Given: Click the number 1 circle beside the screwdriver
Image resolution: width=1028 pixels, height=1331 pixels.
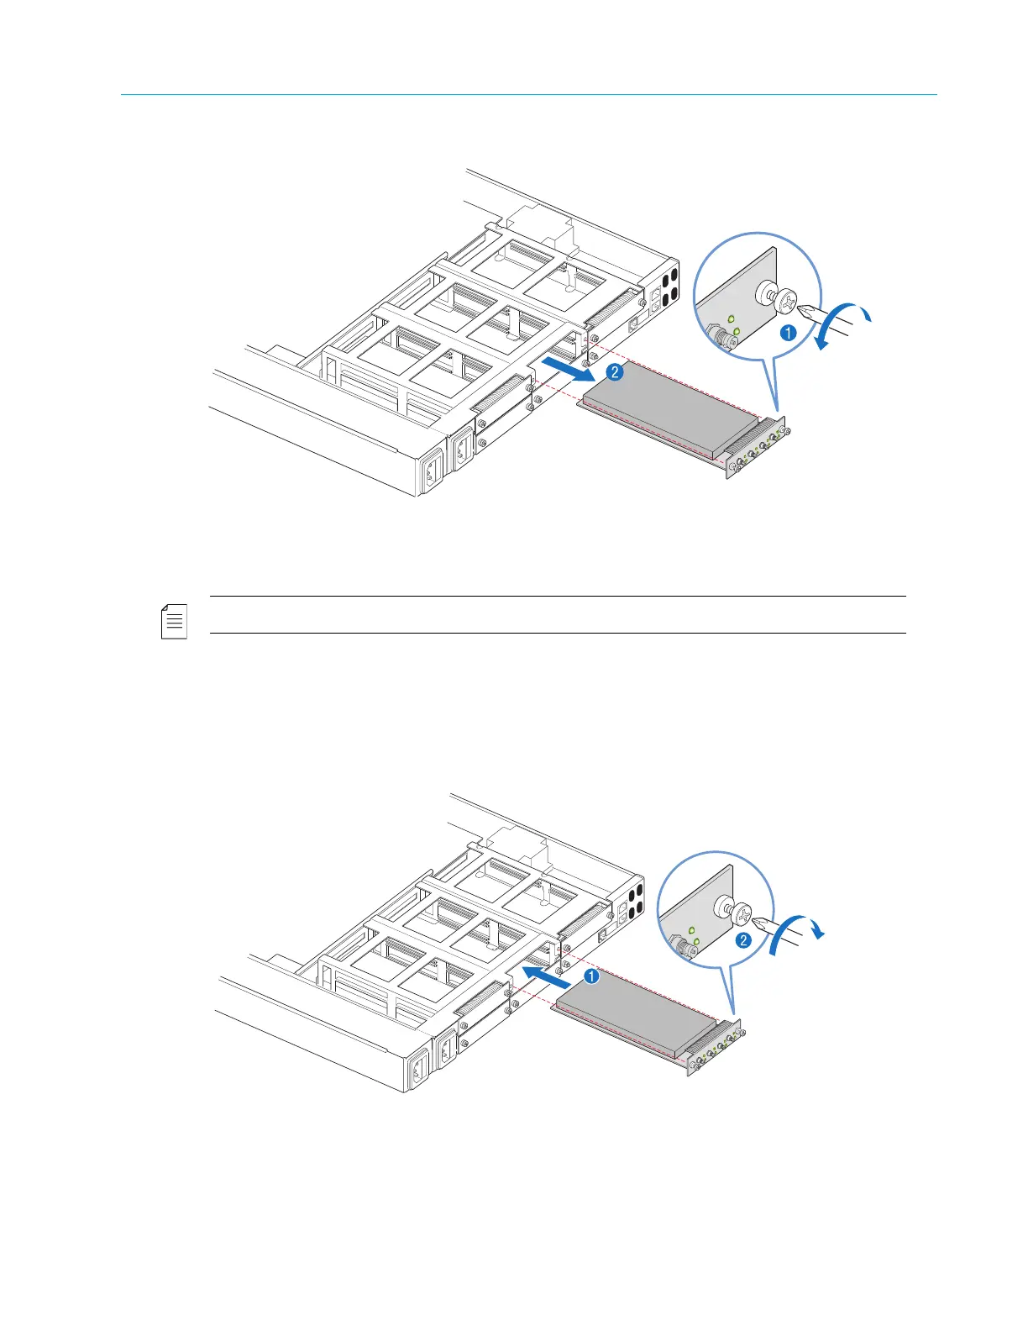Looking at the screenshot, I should tap(789, 333).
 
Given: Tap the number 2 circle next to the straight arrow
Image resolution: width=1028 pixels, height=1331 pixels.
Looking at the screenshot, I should tap(615, 373).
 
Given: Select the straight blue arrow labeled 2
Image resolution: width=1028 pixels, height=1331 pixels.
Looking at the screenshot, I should tap(569, 370).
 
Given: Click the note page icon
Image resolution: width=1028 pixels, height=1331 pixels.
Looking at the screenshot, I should tap(174, 621).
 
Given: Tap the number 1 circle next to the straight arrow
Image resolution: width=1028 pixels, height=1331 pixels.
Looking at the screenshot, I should tap(592, 976).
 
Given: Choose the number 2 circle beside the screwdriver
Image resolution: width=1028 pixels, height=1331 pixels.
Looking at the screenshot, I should tap(743, 940).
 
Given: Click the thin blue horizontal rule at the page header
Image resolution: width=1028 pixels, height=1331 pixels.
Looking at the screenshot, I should tap(529, 95).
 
